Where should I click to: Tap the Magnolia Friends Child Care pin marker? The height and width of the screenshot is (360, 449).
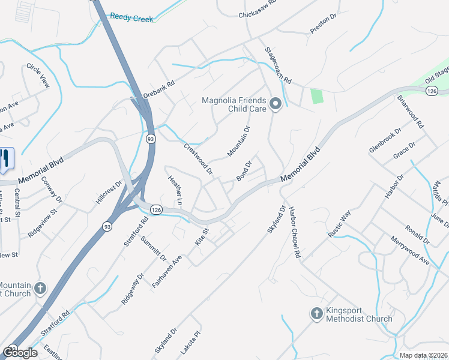[x=276, y=104]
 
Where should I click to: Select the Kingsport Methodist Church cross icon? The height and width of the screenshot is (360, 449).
[x=316, y=313]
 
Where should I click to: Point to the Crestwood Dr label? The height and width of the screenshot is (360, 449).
[x=198, y=158]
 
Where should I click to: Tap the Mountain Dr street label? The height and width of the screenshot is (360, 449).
[x=238, y=142]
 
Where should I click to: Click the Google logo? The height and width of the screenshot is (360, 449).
[x=20, y=352]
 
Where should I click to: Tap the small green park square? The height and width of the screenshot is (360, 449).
[x=316, y=96]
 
